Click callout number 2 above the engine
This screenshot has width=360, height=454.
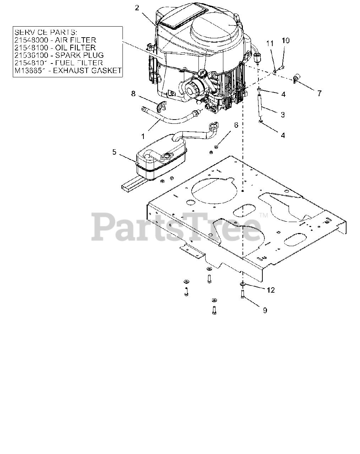click(x=137, y=8)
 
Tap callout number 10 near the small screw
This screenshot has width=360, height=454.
click(x=285, y=40)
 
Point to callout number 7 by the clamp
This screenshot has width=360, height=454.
click(x=319, y=93)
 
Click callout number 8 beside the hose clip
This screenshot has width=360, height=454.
click(x=133, y=94)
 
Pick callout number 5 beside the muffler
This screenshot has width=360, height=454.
click(x=114, y=152)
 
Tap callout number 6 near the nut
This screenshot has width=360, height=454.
click(x=236, y=125)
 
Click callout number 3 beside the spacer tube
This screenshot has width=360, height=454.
click(x=283, y=115)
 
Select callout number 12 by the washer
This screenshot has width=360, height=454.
click(x=271, y=290)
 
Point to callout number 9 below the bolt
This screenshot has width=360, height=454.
click(x=265, y=310)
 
